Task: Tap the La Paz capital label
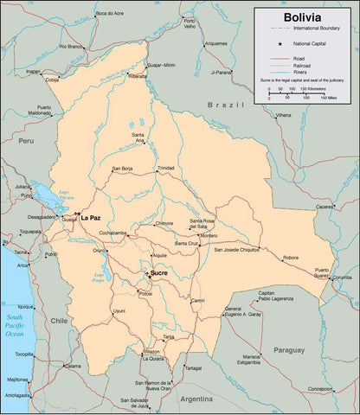pos(91,218)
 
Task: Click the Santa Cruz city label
pos(186,243)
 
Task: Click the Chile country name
pos(58,320)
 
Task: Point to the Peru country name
pos(26,139)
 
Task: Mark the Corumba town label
pos(343,278)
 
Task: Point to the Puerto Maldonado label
pos(38,110)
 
